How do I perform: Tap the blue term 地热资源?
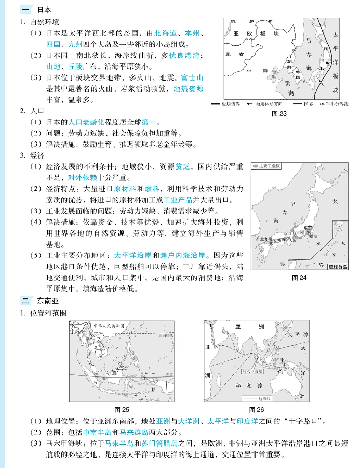(x=188, y=89)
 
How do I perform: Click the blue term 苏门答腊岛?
(x=156, y=445)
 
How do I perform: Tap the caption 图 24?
(x=299, y=278)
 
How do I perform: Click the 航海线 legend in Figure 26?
(x=257, y=398)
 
